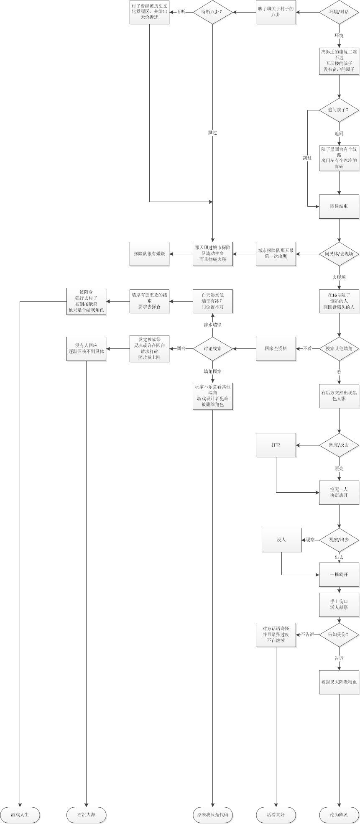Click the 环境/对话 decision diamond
pos(339,12)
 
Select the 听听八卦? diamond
pos(212,12)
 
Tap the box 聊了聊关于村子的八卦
pos(276,12)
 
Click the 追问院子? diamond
pos(339,110)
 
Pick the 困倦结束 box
pos(339,206)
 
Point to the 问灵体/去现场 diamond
pos(339,254)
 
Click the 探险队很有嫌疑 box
pos(149,254)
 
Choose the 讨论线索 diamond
pos(212,349)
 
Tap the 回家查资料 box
pos(276,349)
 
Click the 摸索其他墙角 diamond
pos(339,349)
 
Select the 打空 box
pos(276,445)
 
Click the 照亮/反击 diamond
pos(339,445)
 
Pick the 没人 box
pos(281,540)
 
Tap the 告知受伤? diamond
pos(339,635)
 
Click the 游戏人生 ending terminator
pos(20,815)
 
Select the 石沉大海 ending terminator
pos(87,815)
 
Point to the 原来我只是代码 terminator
pos(212,815)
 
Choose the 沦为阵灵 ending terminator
pos(339,815)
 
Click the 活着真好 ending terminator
pos(276,815)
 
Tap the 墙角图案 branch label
pos(212,371)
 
